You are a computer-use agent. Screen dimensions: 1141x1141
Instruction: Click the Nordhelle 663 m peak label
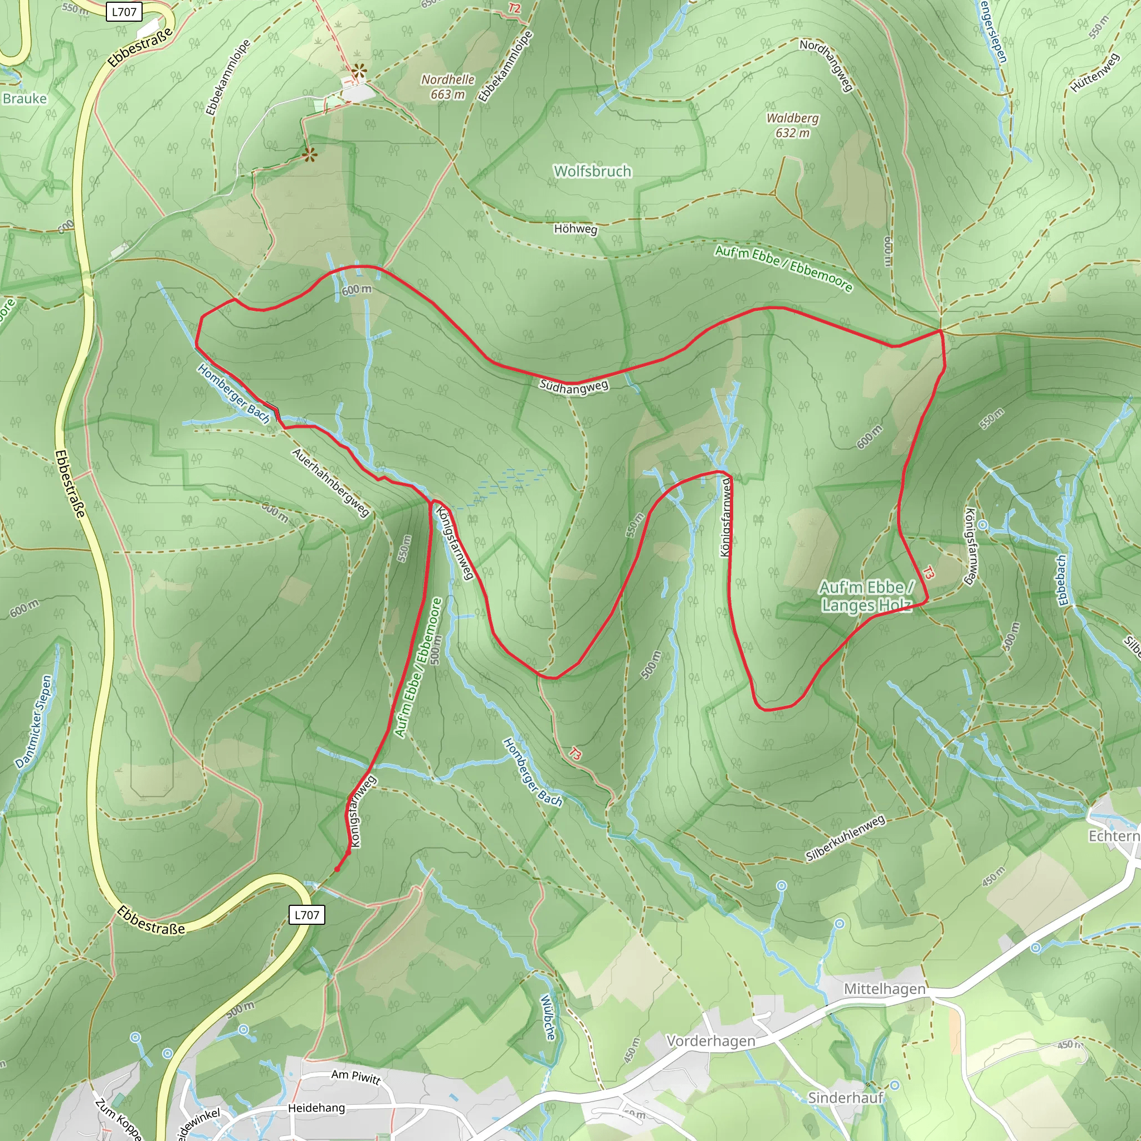(448, 87)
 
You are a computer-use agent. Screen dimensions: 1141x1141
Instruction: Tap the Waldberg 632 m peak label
(792, 125)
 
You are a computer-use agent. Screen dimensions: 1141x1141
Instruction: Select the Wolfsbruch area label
(592, 171)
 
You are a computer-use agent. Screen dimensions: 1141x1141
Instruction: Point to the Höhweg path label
(575, 228)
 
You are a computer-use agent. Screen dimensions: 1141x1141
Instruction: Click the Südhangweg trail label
(573, 387)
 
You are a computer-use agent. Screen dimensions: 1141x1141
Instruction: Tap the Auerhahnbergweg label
(331, 482)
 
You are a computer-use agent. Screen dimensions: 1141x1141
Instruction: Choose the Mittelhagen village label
(884, 989)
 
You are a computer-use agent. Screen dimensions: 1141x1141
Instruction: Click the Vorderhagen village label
(710, 1041)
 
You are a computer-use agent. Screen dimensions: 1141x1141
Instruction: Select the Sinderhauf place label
(845, 1098)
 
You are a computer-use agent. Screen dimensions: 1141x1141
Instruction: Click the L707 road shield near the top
(124, 12)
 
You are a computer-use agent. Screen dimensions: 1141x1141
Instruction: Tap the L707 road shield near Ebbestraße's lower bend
(306, 915)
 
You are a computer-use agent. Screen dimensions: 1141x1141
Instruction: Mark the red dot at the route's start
(337, 869)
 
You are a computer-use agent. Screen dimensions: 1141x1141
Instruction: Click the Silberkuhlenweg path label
(845, 838)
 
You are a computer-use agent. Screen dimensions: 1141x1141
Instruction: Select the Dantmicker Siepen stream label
(34, 721)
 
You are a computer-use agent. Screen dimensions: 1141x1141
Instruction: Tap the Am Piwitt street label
(355, 1076)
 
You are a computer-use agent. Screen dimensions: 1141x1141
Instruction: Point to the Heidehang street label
(316, 1108)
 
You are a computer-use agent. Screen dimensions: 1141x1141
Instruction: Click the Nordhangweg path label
(826, 65)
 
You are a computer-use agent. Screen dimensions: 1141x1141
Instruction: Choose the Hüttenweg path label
(1094, 72)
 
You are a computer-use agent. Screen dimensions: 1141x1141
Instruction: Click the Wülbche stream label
(549, 1017)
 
